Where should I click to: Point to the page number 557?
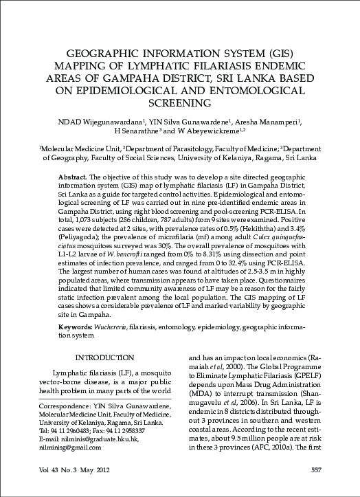click(317, 471)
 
